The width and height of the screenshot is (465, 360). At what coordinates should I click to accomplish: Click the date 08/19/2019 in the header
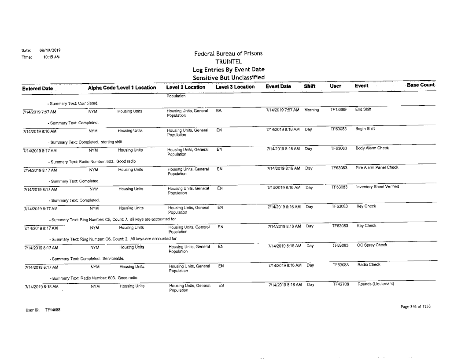pos(41,51)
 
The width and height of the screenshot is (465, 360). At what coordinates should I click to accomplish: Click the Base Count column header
pos(421,85)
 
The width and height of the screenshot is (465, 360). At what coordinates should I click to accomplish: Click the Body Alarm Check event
pos(372,148)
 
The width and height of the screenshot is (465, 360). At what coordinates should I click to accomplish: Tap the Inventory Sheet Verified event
pos(378,187)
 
